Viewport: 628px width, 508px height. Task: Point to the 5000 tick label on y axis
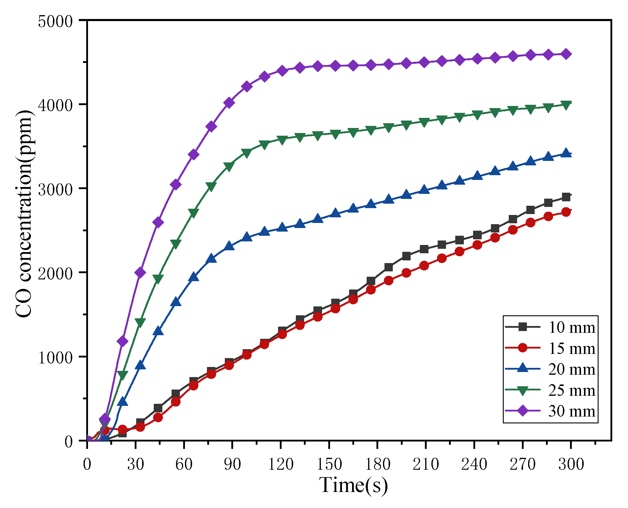(x=55, y=21)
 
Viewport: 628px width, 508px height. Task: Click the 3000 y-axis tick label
(x=55, y=189)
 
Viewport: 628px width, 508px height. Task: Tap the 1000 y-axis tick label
(x=55, y=357)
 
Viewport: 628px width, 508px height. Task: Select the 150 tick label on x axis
(x=329, y=464)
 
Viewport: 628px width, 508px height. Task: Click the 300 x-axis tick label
(x=571, y=464)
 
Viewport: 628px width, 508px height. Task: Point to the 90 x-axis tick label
(x=232, y=464)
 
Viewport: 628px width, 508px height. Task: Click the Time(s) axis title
(x=353, y=485)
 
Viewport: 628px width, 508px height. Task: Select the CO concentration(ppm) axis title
(x=24, y=214)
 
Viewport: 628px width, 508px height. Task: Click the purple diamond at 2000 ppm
(x=140, y=273)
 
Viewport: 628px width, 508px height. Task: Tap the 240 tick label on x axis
(x=474, y=464)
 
